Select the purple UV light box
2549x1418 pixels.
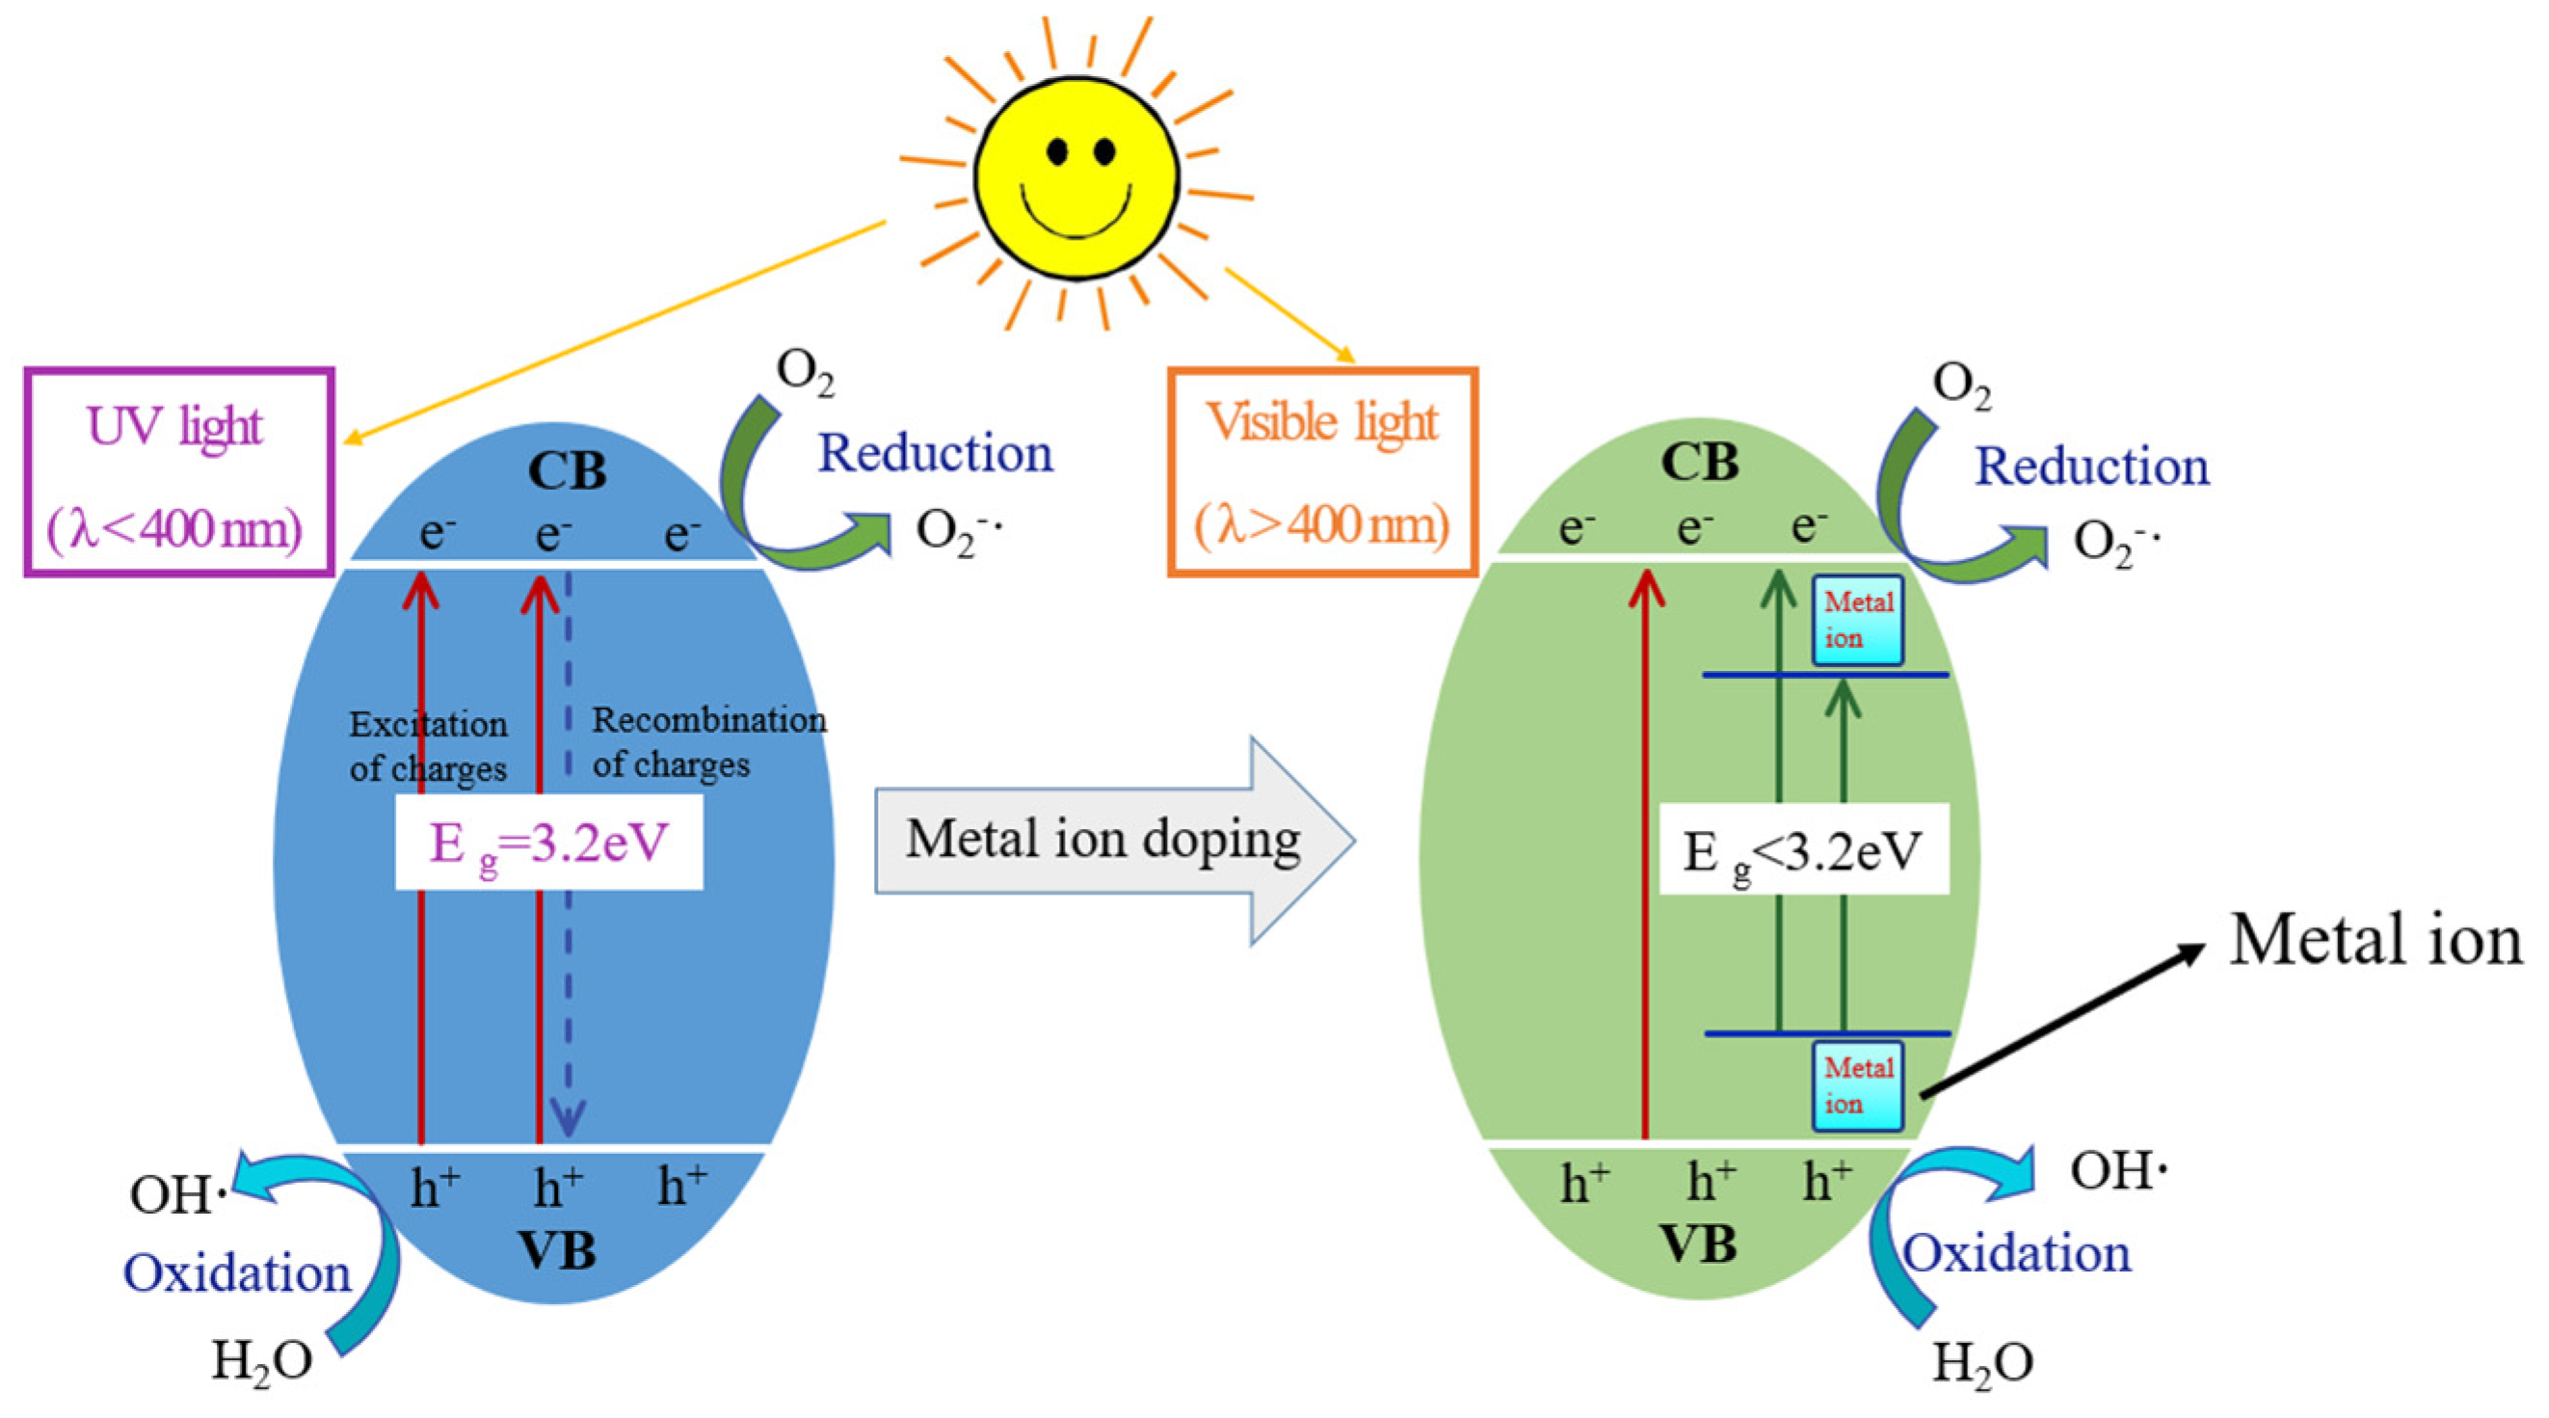coord(178,473)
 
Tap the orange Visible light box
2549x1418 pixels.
coord(1322,473)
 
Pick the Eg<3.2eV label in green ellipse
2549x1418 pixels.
coord(1803,850)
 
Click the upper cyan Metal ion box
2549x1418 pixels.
coord(1857,621)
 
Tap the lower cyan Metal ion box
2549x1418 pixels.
coord(1857,1085)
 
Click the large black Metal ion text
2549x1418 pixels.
coord(2375,940)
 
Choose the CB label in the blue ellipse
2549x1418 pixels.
coord(567,471)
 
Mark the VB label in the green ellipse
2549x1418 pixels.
coord(1698,1244)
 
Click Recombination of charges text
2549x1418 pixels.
coord(707,742)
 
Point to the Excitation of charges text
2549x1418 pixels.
coord(428,746)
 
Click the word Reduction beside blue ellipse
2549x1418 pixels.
coord(935,454)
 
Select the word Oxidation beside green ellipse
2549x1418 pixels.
coord(2017,1255)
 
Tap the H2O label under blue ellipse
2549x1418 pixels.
coord(261,1361)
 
